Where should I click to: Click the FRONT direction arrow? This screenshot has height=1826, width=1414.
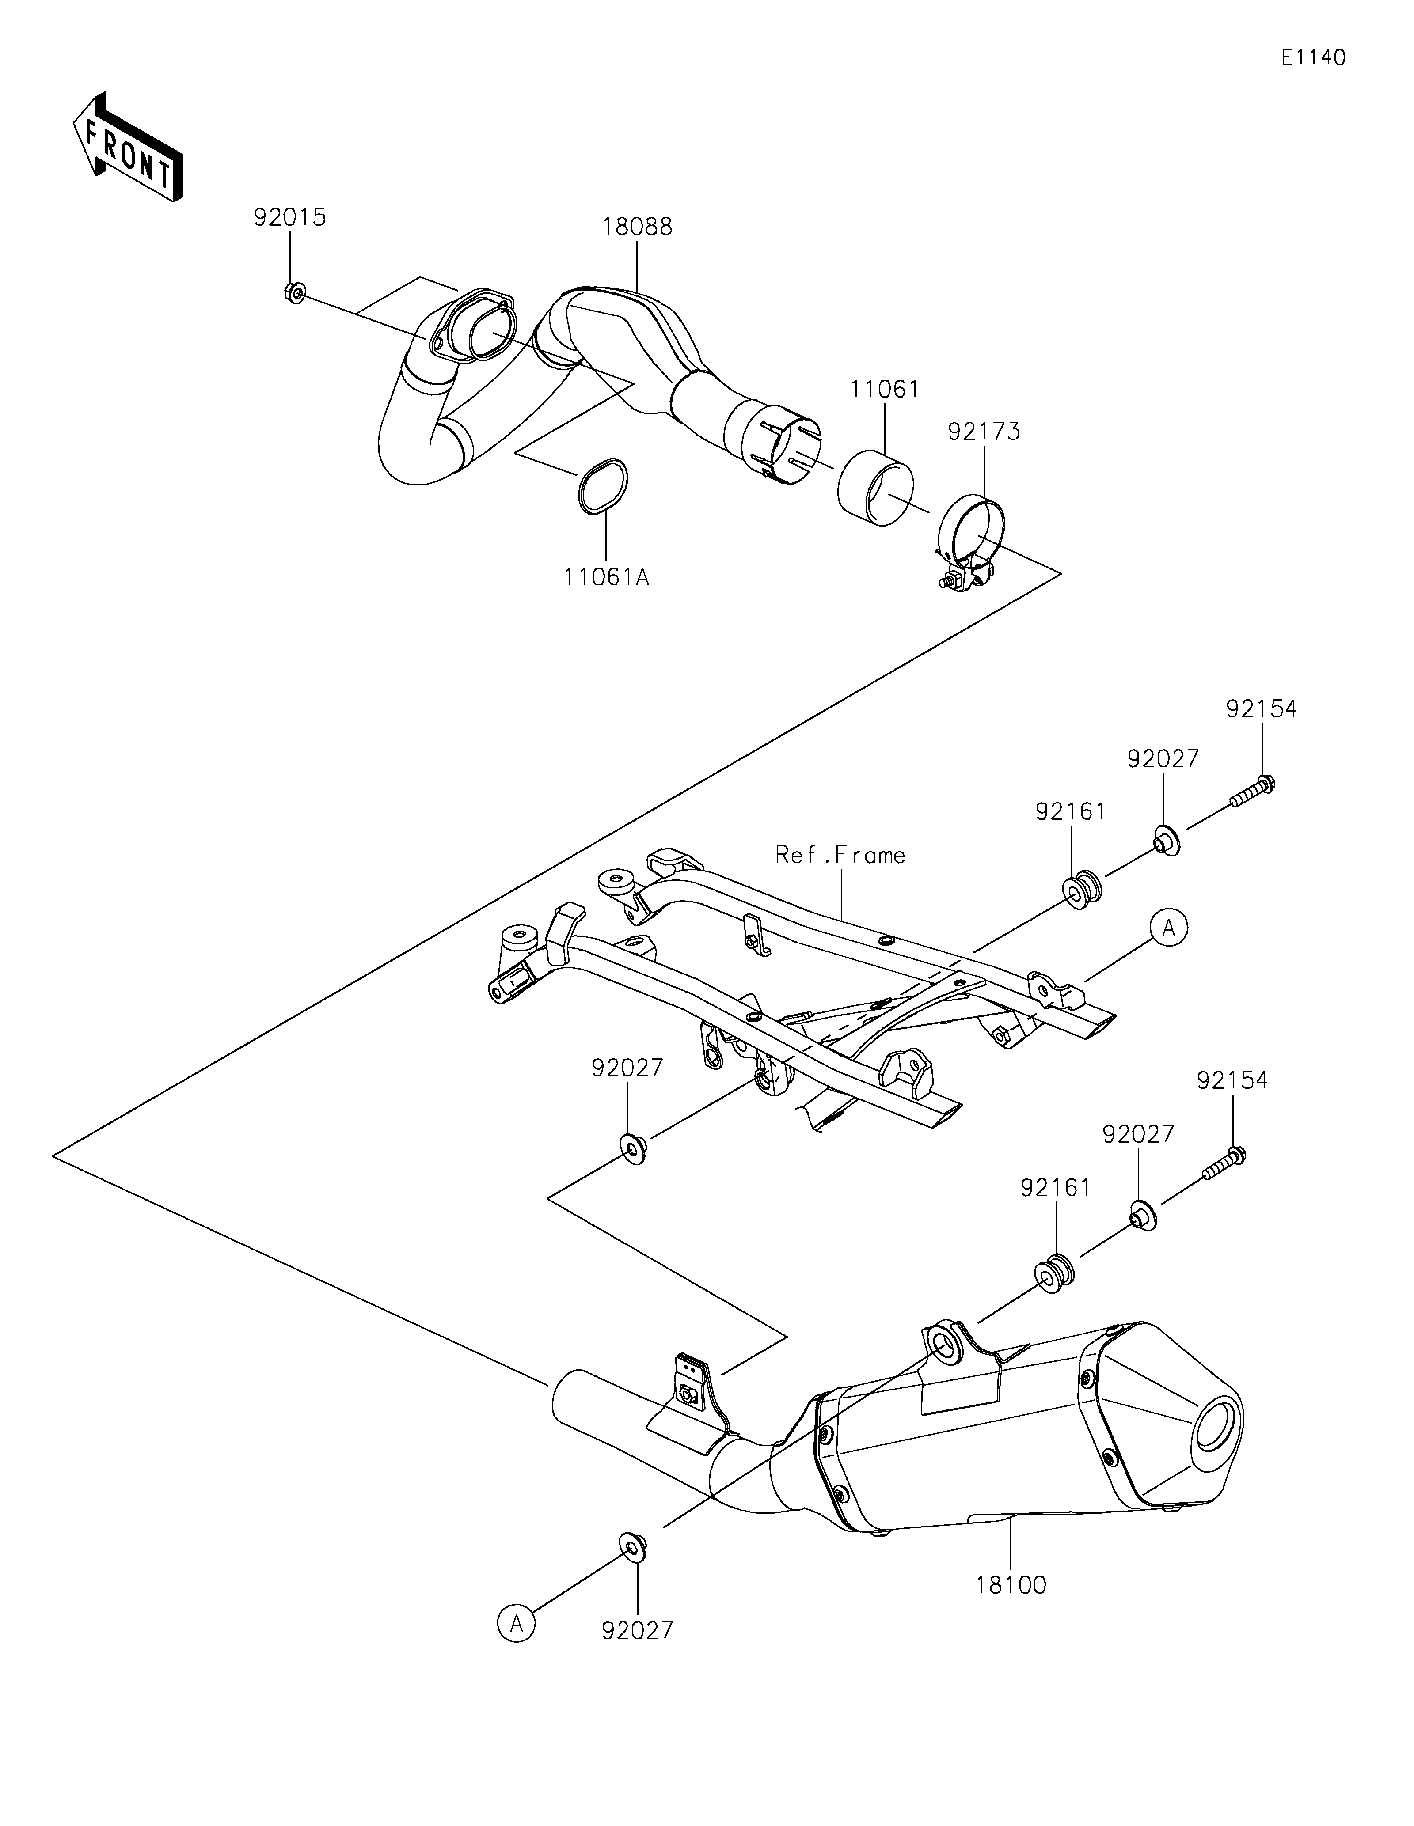point(128,146)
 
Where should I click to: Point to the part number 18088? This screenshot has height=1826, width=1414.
point(636,227)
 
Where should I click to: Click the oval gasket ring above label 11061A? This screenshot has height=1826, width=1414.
point(601,486)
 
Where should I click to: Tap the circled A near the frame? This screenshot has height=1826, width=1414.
point(1169,927)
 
